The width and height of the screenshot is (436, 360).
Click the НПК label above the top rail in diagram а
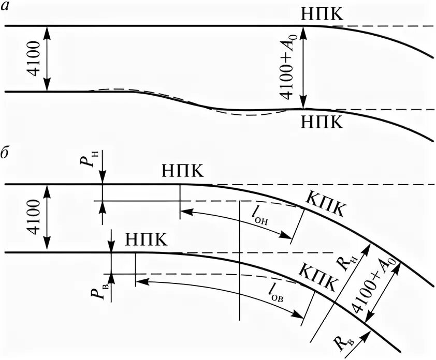point(322,14)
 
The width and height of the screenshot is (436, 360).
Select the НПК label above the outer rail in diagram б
point(183,171)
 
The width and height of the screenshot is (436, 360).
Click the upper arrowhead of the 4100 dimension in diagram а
point(47,31)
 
